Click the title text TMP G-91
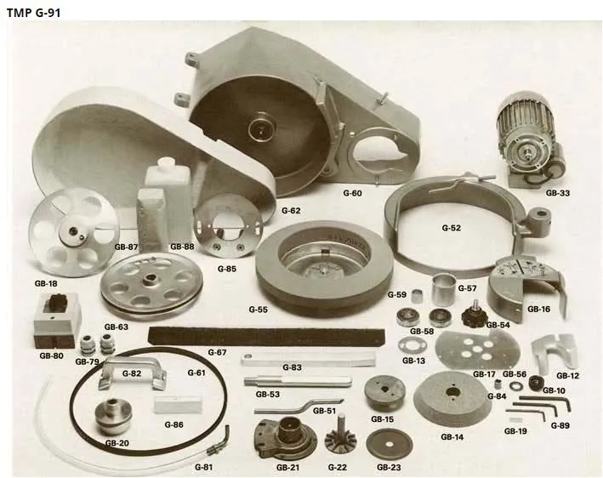(x=33, y=13)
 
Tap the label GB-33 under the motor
(x=558, y=193)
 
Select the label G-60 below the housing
(x=352, y=193)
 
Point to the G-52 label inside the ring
(x=451, y=228)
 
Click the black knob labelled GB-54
(x=475, y=315)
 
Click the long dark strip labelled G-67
(x=266, y=336)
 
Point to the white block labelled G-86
(x=178, y=405)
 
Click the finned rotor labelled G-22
(x=341, y=436)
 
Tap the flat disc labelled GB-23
(x=390, y=445)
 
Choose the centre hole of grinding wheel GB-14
(x=452, y=393)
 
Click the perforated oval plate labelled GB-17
(x=478, y=350)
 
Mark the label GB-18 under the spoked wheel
(x=46, y=284)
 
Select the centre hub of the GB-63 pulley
(x=149, y=280)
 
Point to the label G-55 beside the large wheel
(x=258, y=310)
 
